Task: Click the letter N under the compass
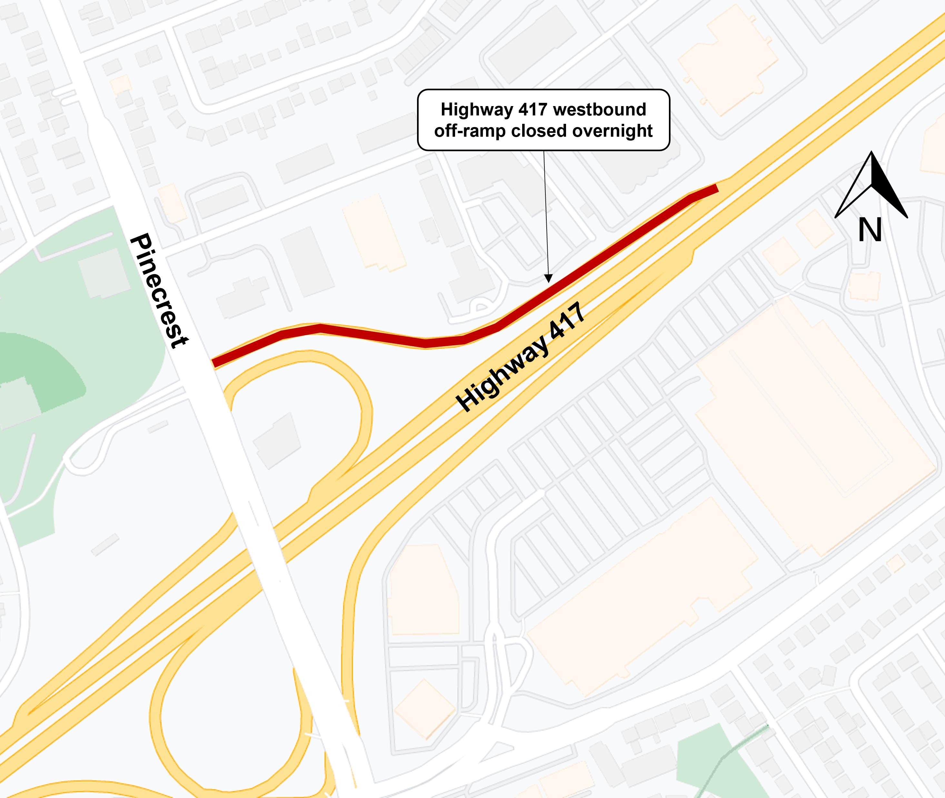tap(870, 230)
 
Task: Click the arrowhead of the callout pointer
tap(548, 278)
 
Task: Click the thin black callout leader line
tap(546, 212)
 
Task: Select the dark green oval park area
tap(41, 371)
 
